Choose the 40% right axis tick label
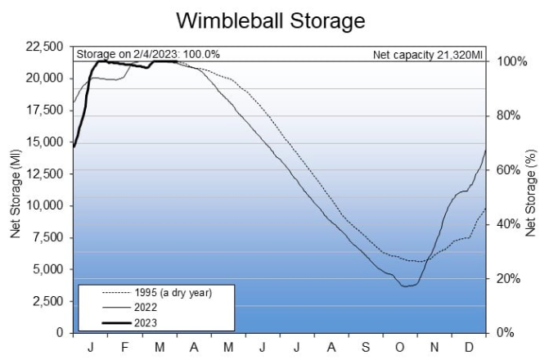[x=512, y=224]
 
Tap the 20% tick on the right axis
[x=512, y=278]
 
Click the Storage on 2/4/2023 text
[x=148, y=55]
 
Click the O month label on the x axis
[x=401, y=346]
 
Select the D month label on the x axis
[x=470, y=346]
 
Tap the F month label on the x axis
[x=125, y=346]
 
